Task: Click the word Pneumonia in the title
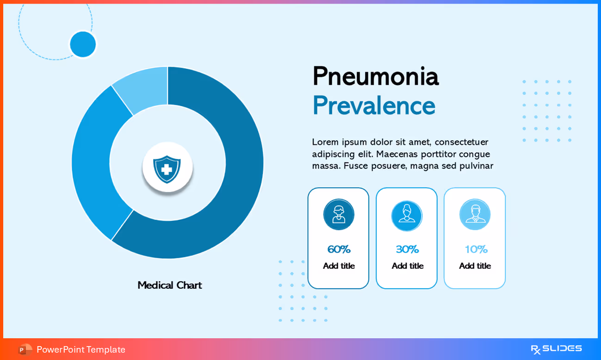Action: tap(375, 76)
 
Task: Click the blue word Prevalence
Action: tap(373, 106)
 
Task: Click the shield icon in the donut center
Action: tap(167, 168)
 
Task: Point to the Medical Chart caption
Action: tap(169, 286)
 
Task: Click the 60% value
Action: tap(339, 249)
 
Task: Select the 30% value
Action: tap(407, 249)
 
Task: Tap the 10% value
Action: tap(476, 249)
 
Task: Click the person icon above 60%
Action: tap(339, 214)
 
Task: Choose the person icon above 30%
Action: tap(407, 215)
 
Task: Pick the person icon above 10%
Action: tap(475, 214)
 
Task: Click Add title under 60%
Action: tap(339, 266)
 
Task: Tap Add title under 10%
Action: tap(475, 266)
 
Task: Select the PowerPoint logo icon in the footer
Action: tap(25, 349)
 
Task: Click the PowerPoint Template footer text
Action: tap(81, 349)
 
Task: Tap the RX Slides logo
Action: tap(556, 349)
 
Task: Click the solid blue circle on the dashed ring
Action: tap(83, 44)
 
